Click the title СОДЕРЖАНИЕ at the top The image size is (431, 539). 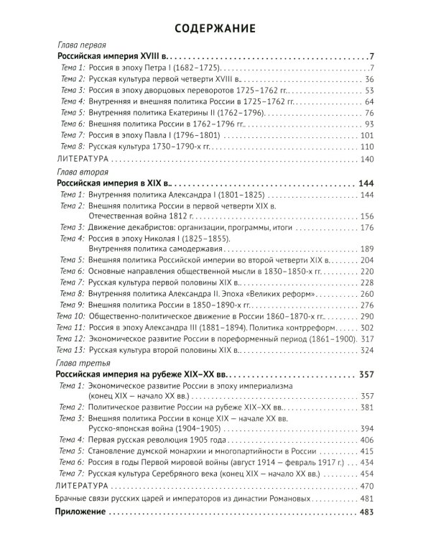pyautogui.click(x=215, y=29)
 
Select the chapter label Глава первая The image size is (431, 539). pyautogui.click(x=80, y=45)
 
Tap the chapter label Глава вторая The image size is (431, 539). pyautogui.click(x=81, y=172)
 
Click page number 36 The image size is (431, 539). pyautogui.click(x=369, y=78)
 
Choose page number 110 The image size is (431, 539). pyautogui.click(x=367, y=146)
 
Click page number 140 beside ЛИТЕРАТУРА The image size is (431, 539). pyautogui.click(x=367, y=159)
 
